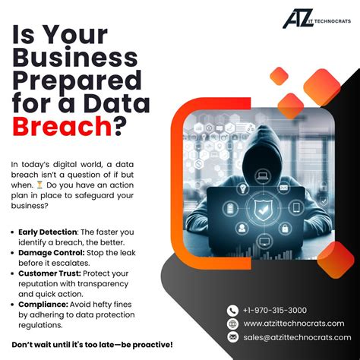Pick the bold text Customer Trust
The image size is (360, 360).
[48, 273]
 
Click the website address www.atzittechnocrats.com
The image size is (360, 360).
[293, 324]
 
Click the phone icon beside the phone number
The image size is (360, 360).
[232, 311]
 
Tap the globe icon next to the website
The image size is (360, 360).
[232, 324]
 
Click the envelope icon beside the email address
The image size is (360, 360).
[232, 337]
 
